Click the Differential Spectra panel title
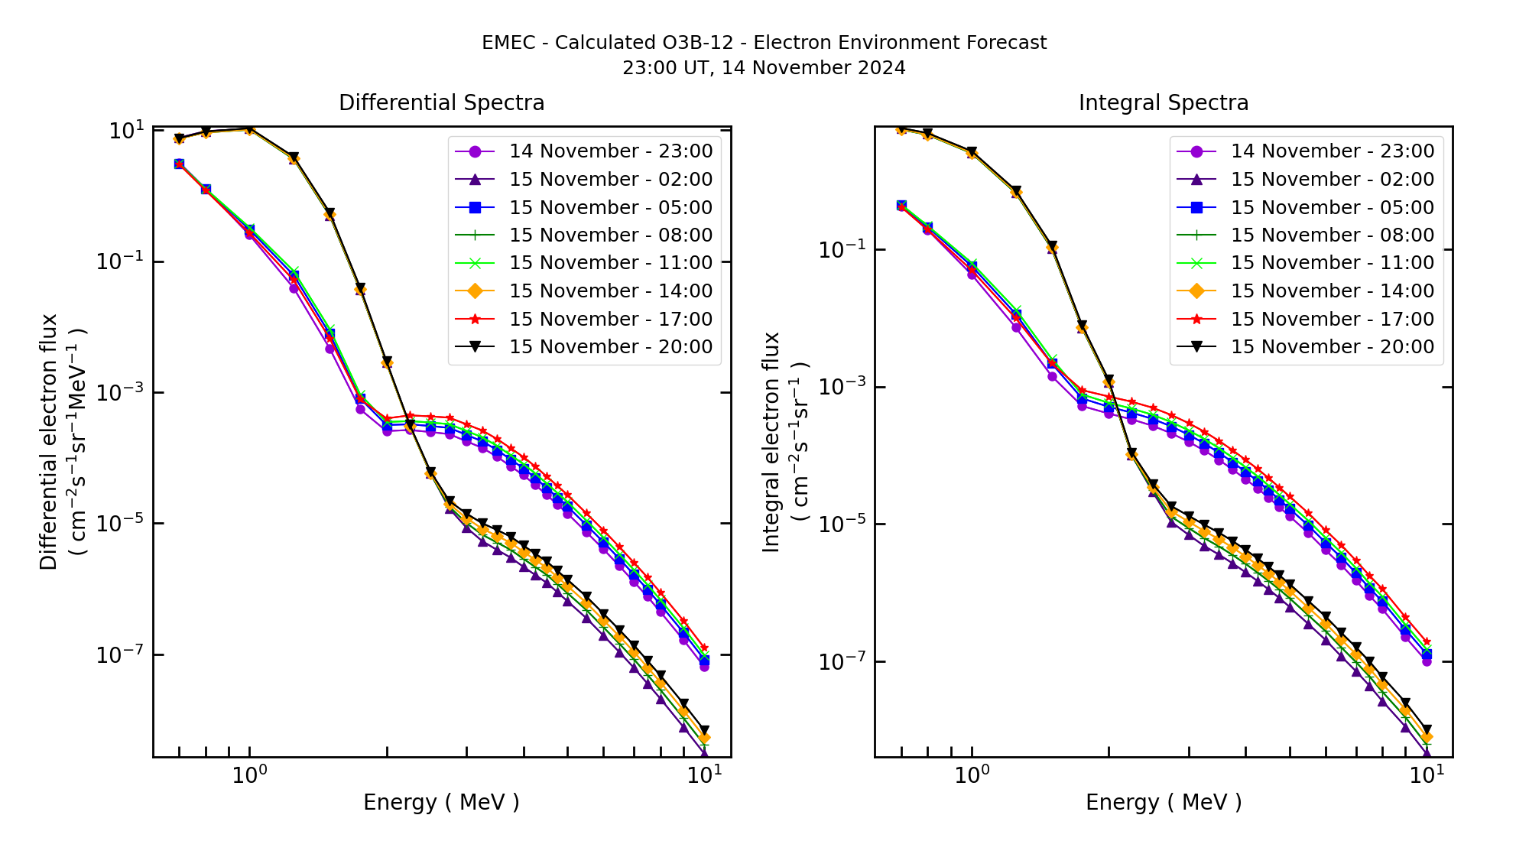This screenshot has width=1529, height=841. pyautogui.click(x=441, y=103)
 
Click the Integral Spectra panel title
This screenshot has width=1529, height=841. pyautogui.click(x=1163, y=103)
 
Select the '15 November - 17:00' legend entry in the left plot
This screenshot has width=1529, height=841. pyautogui.click(x=610, y=319)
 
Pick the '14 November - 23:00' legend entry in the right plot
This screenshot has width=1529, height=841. pyautogui.click(x=1332, y=151)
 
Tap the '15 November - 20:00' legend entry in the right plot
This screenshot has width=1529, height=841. pyautogui.click(x=1332, y=347)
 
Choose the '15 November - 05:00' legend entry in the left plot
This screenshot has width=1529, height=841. pyautogui.click(x=610, y=207)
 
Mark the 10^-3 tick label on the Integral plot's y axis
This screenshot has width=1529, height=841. pyautogui.click(x=842, y=387)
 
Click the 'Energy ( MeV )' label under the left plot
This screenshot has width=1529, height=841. pyautogui.click(x=441, y=803)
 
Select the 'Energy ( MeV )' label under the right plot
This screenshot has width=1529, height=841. pyautogui.click(x=1163, y=803)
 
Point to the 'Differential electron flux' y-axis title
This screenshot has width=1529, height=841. pyautogui.click(x=49, y=442)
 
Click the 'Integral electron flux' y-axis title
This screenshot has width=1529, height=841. pyautogui.click(x=771, y=442)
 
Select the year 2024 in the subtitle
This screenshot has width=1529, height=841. pyautogui.click(x=881, y=68)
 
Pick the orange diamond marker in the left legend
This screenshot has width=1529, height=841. pyautogui.click(x=475, y=291)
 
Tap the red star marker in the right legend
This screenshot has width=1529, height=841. pyautogui.click(x=1196, y=319)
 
